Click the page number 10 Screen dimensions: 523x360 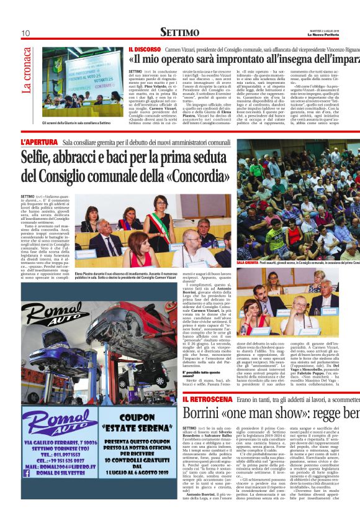(26, 33)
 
